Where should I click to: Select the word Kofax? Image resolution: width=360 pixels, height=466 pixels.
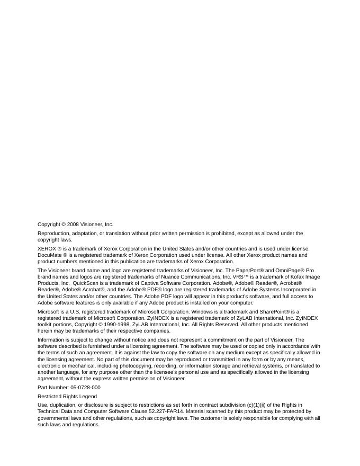[x=301, y=276]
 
